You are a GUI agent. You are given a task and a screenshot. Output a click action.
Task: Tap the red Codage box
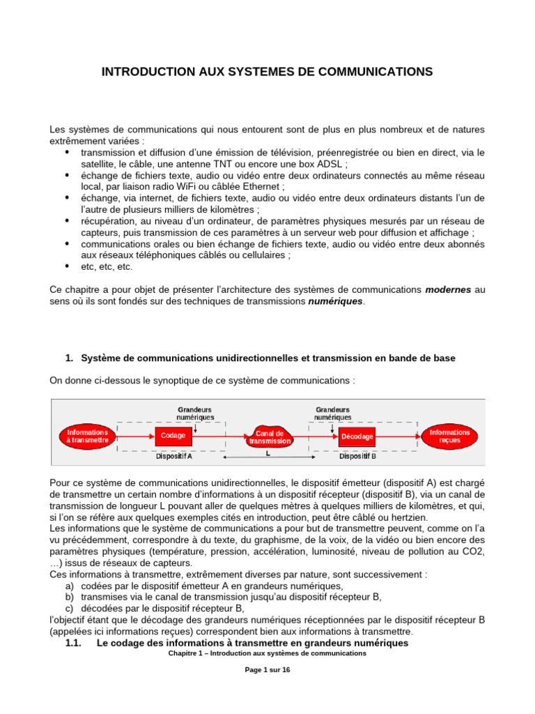click(x=173, y=436)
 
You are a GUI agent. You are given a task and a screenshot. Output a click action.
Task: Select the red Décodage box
click(x=356, y=436)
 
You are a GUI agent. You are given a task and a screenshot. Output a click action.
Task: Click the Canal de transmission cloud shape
click(x=269, y=437)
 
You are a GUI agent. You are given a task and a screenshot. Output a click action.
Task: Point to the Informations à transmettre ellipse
click(x=88, y=436)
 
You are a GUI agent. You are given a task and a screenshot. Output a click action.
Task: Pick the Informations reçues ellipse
click(x=449, y=436)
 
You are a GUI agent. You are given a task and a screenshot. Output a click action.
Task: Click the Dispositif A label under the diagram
click(x=173, y=457)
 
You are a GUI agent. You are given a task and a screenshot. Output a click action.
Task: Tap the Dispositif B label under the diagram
click(x=357, y=457)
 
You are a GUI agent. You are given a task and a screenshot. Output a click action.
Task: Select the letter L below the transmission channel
click(x=267, y=453)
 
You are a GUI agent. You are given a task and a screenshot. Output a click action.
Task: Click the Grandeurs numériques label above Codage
click(x=194, y=413)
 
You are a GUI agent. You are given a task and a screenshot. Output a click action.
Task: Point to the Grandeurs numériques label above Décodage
click(x=332, y=413)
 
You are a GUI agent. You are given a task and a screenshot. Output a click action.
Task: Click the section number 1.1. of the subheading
click(x=74, y=643)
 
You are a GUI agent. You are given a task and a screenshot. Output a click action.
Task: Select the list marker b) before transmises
click(x=69, y=597)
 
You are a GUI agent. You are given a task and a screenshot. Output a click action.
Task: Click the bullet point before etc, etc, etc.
click(x=67, y=266)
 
